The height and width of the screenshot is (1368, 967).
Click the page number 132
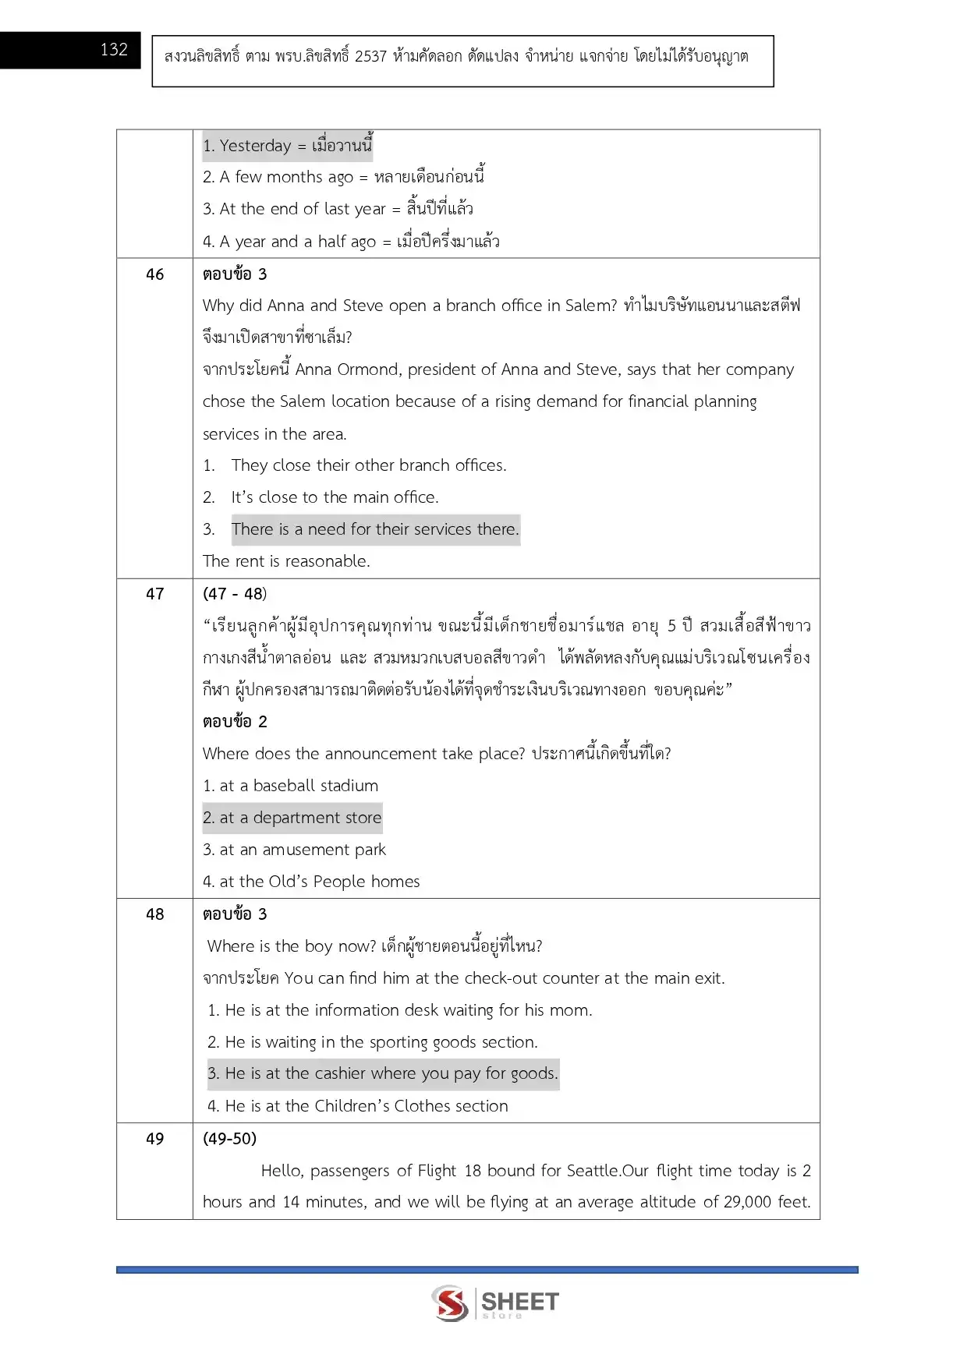114,50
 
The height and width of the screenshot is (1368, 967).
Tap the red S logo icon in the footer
450,1303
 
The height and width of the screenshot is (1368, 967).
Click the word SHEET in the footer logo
520,1301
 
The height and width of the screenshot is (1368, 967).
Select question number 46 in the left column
155,274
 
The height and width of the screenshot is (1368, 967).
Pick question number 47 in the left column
155,594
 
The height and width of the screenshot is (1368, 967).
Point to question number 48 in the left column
155,914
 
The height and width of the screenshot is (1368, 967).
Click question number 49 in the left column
155,1139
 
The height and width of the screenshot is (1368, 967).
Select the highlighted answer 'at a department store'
292,818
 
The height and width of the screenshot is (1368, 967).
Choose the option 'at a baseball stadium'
290,786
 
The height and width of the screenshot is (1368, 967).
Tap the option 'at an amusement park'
294,850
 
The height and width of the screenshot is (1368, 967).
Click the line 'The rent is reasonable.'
286,561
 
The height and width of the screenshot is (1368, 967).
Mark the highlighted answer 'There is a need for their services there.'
375,529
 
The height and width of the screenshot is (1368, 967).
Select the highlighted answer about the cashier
383,1073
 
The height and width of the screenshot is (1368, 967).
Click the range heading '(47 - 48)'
235,594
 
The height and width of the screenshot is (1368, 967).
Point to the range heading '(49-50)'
229,1139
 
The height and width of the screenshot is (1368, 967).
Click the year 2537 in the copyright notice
370,56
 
